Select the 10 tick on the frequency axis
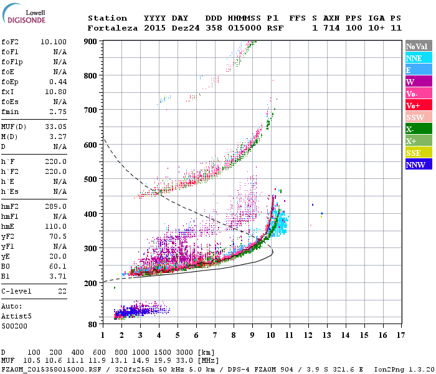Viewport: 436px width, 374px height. click(270, 335)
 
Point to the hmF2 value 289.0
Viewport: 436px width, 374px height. click(55, 206)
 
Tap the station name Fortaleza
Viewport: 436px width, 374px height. click(112, 28)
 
